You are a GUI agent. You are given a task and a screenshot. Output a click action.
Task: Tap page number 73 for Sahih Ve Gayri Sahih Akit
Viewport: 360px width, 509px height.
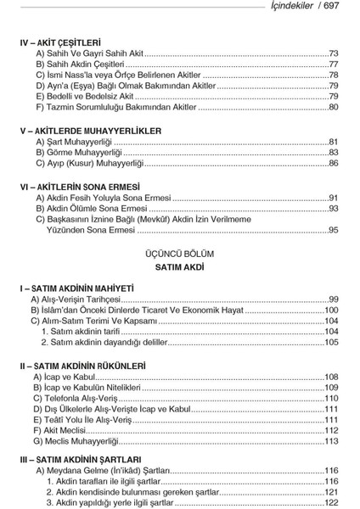click(334, 53)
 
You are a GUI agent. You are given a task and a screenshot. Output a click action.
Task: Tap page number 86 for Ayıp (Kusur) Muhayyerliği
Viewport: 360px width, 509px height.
click(334, 163)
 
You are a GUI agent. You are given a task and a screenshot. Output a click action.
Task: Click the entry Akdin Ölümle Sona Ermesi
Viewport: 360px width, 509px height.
click(93, 208)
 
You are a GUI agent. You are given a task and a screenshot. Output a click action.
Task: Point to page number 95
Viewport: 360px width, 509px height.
click(334, 230)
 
